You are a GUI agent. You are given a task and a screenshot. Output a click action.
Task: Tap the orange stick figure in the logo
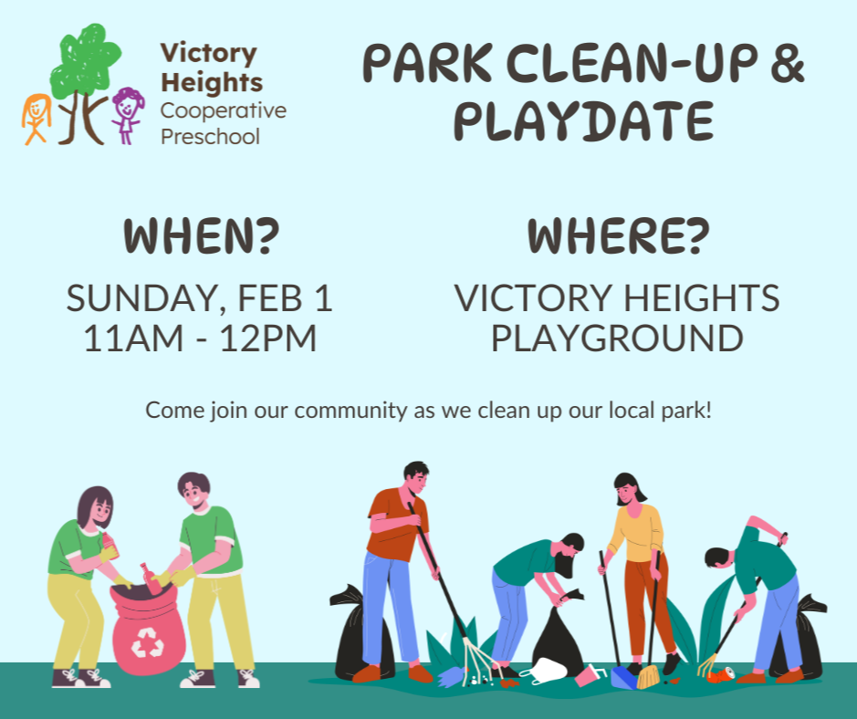click(x=35, y=117)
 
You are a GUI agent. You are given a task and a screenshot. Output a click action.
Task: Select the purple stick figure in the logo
click(x=127, y=113)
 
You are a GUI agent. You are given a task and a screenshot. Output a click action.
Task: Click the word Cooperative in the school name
click(x=223, y=110)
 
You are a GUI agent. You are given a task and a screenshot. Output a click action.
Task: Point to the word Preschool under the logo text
click(x=210, y=137)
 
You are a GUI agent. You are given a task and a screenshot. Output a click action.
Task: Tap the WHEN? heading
click(x=201, y=236)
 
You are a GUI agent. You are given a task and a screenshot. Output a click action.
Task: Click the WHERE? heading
click(x=617, y=236)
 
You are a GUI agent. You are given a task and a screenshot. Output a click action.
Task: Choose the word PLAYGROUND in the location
click(x=617, y=339)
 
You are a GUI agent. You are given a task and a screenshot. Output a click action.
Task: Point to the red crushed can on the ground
click(x=721, y=674)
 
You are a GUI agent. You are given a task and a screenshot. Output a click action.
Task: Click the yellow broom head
click(x=648, y=677)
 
